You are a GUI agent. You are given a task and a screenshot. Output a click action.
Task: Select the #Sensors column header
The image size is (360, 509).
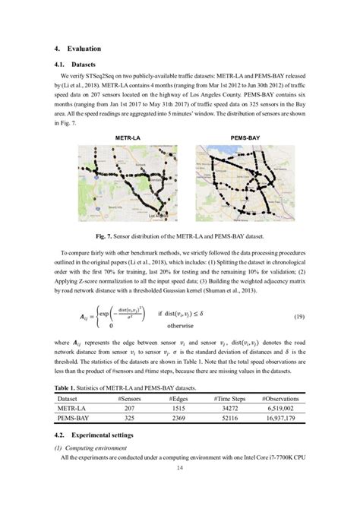[x=133, y=399]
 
